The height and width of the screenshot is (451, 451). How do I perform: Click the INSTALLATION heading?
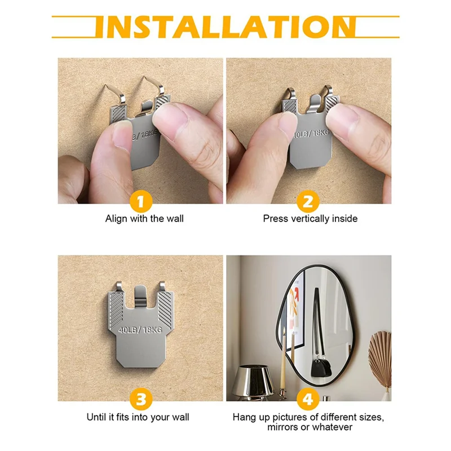pyautogui.click(x=225, y=26)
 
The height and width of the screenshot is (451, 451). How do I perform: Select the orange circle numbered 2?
pyautogui.click(x=308, y=201)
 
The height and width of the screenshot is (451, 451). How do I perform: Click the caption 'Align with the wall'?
pyautogui.click(x=144, y=218)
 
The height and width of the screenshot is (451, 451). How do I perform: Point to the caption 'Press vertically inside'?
pyautogui.click(x=310, y=218)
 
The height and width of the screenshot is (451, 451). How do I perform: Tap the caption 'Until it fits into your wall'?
pyautogui.click(x=138, y=417)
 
